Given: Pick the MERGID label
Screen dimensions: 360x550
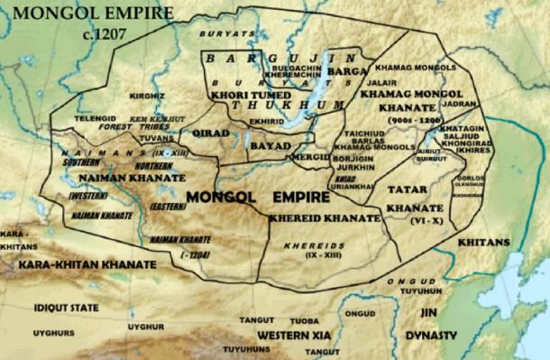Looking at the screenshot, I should pos(311,154).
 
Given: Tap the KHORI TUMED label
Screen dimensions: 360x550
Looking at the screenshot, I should pos(243,92).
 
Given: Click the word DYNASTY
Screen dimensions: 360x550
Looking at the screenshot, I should pos(438,336).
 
